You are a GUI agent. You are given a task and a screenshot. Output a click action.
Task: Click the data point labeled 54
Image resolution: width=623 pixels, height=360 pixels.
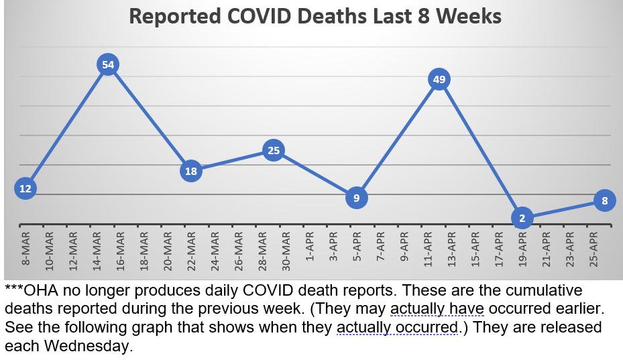[108, 64]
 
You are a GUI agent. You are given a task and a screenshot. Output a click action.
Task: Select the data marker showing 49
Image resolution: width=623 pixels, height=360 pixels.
[439, 80]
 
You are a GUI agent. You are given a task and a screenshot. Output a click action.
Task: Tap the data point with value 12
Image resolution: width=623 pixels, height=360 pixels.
[25, 188]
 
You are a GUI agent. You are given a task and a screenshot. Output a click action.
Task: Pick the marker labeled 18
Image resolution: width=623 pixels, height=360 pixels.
[191, 171]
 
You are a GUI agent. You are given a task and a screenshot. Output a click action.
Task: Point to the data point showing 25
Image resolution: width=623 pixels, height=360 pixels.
[274, 151]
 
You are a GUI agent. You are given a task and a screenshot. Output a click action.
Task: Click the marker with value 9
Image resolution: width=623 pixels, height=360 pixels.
[357, 198]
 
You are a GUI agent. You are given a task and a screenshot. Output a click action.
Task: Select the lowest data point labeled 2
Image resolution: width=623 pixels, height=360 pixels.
[522, 218]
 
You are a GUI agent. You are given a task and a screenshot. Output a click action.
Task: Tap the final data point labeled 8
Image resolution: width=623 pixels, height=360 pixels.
[605, 200]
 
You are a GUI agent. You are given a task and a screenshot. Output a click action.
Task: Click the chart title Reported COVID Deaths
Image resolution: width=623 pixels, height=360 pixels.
[315, 17]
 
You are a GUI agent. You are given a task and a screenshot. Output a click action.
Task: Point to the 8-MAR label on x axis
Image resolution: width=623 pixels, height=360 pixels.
[25, 249]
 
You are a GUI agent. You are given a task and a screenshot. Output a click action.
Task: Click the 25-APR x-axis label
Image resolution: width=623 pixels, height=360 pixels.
[593, 249]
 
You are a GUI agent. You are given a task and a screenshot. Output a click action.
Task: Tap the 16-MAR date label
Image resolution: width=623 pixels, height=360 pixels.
[120, 249]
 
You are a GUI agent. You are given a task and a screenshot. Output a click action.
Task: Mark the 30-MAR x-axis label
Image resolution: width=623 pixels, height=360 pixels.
[286, 249]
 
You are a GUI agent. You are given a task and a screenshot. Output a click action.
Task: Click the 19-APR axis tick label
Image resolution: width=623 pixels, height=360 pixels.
[522, 249]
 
